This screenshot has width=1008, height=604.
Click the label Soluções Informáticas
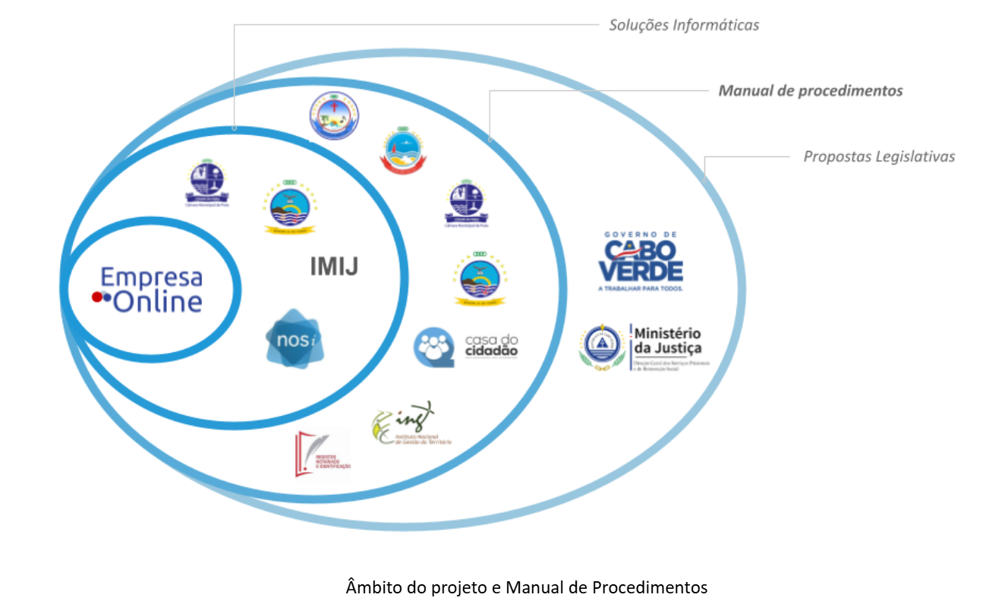(684, 25)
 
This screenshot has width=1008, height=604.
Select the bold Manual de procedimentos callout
(811, 91)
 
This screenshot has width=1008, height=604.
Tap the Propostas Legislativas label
(879, 157)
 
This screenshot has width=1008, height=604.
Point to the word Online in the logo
(159, 302)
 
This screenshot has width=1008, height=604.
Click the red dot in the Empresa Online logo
(97, 297)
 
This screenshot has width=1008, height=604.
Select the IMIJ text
(333, 266)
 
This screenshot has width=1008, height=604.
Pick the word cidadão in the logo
(491, 351)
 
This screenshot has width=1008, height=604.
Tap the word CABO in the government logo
(641, 249)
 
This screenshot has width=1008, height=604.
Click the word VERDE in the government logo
(641, 270)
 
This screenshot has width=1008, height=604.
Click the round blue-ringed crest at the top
(334, 116)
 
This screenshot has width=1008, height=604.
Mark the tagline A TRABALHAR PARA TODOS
(641, 288)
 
